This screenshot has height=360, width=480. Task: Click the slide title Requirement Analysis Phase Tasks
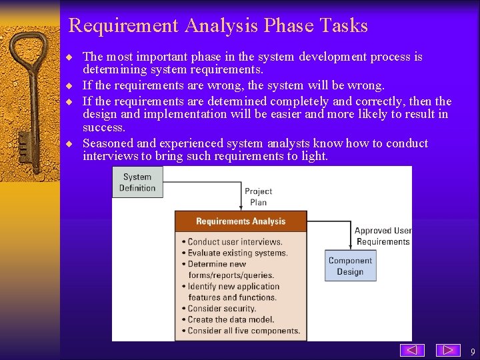[218, 26]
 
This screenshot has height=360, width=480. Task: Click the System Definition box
[137, 182]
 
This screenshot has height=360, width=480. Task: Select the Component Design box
[350, 265]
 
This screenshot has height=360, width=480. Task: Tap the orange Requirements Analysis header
[241, 221]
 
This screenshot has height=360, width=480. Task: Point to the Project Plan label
[258, 197]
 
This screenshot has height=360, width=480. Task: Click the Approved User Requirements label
[383, 236]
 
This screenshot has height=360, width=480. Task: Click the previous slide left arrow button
[413, 350]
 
